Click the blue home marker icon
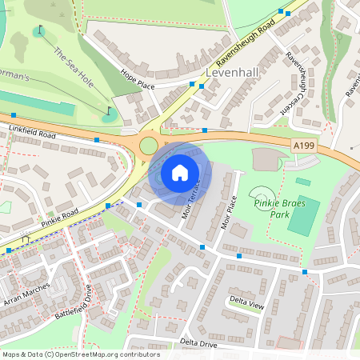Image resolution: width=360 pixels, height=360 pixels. pyautogui.click(x=180, y=172)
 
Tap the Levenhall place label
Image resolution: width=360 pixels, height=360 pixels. pyautogui.click(x=233, y=72)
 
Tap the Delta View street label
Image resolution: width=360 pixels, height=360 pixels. pyautogui.click(x=246, y=304)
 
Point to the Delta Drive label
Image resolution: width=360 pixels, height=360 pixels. pyautogui.click(x=198, y=342)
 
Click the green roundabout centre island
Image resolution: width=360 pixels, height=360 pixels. pyautogui.click(x=149, y=145)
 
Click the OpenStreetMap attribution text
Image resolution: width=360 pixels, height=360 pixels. pyautogui.click(x=80, y=354)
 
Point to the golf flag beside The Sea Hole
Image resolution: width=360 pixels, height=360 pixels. pyautogui.click(x=110, y=111)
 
